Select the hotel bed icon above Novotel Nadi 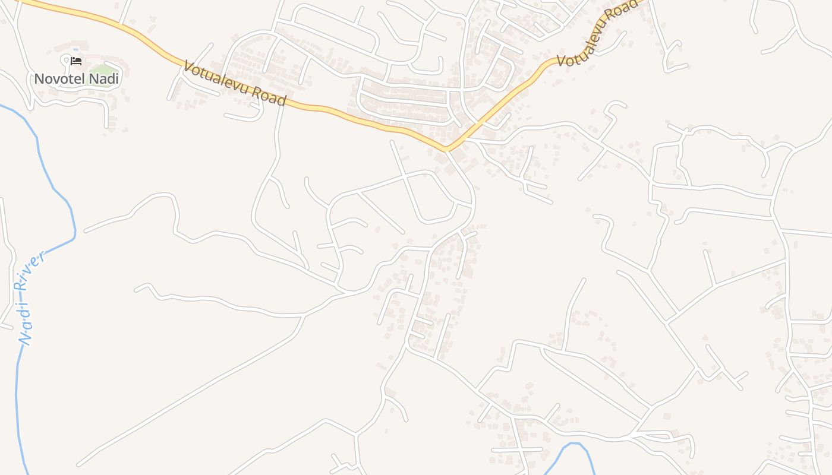76,61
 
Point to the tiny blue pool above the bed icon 75,50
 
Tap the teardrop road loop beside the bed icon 65,59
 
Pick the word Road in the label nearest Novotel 272,96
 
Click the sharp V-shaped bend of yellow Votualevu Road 447,148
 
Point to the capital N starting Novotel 40,78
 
